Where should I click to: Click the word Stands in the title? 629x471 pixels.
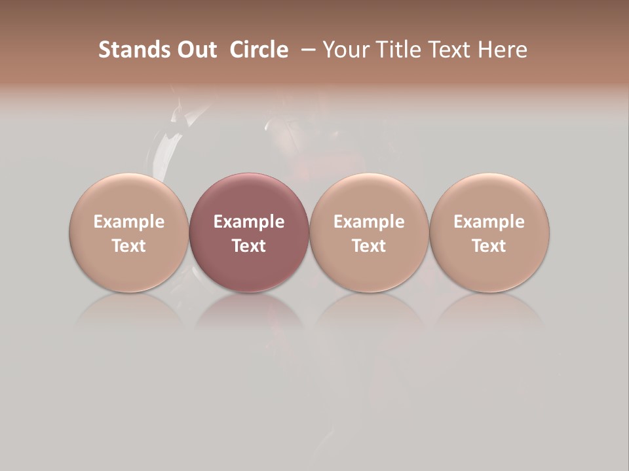point(134,50)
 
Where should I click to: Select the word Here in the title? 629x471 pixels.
point(503,50)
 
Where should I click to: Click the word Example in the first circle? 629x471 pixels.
point(128,222)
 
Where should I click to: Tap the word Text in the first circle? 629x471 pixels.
point(128,246)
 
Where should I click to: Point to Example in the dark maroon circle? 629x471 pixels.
point(249,222)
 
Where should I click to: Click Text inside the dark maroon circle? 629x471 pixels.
point(249,246)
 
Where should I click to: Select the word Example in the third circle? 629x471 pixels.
point(369,222)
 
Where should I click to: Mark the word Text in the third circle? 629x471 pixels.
point(369,246)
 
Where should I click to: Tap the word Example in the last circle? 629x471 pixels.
point(489,222)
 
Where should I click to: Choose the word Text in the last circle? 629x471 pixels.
point(489,246)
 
